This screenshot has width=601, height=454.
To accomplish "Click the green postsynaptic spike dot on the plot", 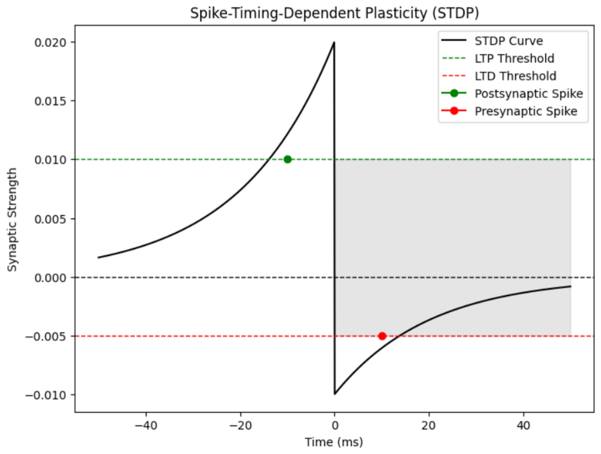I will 287,159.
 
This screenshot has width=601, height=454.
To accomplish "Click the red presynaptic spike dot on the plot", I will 382,336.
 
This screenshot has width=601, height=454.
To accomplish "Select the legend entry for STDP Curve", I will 509,41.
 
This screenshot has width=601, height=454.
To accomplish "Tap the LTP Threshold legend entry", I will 514,59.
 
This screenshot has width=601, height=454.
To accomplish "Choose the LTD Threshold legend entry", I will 515,76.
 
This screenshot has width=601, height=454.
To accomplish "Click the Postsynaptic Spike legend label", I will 529,94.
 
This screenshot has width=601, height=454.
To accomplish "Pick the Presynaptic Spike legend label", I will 526,111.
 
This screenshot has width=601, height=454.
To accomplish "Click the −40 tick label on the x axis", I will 146,426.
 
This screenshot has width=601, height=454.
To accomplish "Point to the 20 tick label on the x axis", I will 429,426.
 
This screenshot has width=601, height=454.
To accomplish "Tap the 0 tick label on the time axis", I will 334,426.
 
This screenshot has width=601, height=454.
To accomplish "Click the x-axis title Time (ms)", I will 334,442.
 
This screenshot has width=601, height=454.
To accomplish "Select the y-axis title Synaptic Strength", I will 12,220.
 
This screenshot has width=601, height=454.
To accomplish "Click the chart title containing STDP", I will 334,13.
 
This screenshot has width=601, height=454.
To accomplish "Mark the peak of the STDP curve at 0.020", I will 334,43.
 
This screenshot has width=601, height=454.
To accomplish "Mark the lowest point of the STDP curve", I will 334,394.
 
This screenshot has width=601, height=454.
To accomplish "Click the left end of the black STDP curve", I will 98,257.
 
